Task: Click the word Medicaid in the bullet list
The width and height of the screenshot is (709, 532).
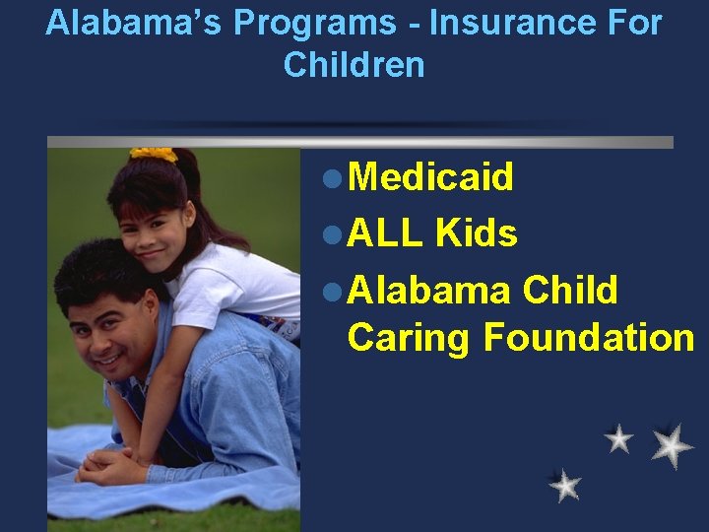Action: (x=430, y=177)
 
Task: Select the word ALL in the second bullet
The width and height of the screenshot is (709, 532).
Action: (x=385, y=233)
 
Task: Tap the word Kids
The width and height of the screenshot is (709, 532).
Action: (x=476, y=233)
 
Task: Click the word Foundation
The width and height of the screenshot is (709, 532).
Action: (x=589, y=337)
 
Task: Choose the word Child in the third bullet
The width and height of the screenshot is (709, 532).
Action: (x=570, y=291)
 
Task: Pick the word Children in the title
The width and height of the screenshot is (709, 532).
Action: (x=354, y=65)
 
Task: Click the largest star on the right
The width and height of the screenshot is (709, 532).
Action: (x=672, y=445)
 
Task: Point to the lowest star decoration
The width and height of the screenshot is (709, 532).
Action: (x=564, y=485)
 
